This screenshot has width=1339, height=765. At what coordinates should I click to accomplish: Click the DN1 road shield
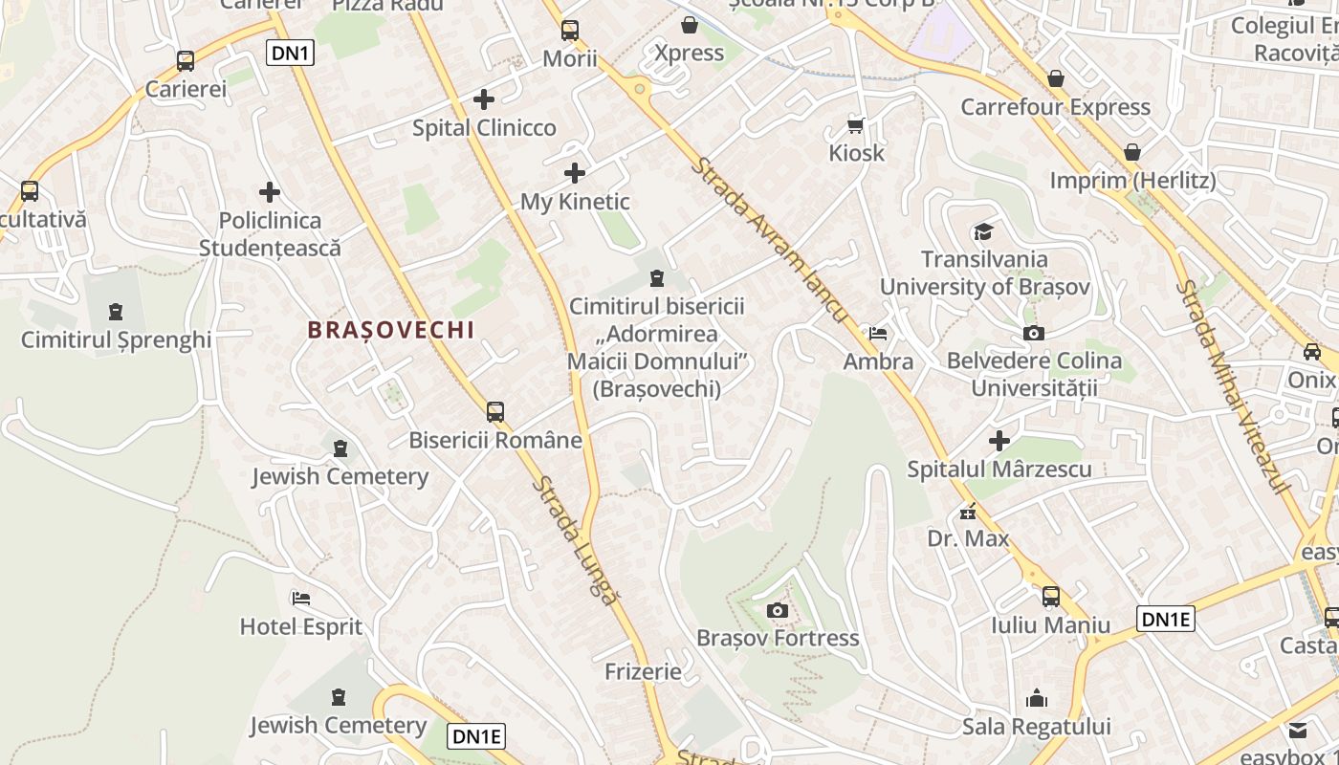(x=292, y=53)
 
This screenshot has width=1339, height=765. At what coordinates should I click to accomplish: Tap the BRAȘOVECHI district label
(x=390, y=330)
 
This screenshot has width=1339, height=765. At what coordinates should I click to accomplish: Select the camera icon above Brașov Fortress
(x=778, y=610)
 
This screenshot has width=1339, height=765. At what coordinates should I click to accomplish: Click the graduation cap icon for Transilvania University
(x=983, y=231)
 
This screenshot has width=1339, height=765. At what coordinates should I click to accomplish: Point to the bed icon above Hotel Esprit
(x=301, y=599)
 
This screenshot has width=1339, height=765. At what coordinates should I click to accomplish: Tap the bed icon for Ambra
(x=878, y=334)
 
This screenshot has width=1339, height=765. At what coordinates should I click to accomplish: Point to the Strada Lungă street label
(x=575, y=539)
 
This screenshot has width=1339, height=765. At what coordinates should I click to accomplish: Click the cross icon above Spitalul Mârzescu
(x=999, y=441)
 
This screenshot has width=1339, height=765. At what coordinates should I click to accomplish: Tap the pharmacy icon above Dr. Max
(x=969, y=512)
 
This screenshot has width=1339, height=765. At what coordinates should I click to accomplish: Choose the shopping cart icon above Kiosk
(x=856, y=125)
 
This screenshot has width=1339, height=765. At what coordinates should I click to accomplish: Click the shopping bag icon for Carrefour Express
(x=1056, y=78)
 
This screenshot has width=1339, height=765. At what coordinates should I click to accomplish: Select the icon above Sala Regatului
(x=1037, y=699)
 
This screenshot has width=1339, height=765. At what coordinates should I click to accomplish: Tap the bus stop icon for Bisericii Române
(x=494, y=412)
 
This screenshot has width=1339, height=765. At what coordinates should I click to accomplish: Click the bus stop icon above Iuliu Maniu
(x=1050, y=597)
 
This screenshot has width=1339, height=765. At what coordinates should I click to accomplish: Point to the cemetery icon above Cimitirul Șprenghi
(x=116, y=312)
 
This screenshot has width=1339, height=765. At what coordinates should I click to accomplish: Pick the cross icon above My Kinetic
(x=575, y=173)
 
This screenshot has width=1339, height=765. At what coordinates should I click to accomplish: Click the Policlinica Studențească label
(x=270, y=234)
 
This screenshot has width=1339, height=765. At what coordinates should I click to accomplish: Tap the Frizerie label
(x=643, y=671)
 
